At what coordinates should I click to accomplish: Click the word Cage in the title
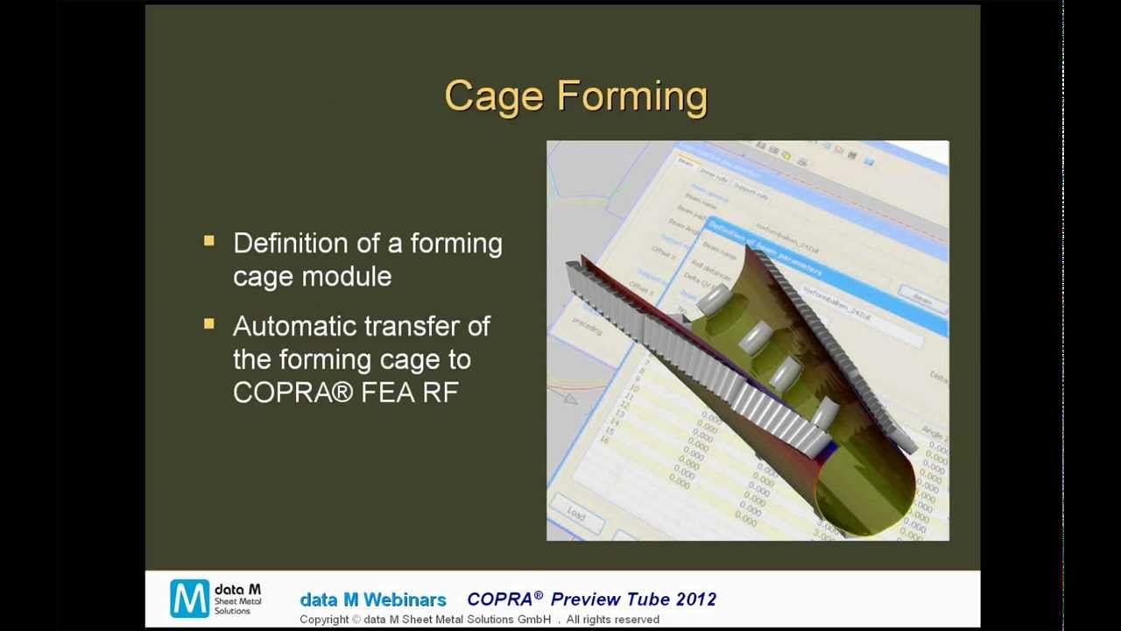(x=494, y=96)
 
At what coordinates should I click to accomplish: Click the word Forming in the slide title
(x=631, y=96)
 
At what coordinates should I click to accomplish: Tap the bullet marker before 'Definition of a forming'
(x=208, y=240)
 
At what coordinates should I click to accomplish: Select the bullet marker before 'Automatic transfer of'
(x=208, y=323)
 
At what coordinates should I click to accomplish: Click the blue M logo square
(x=189, y=599)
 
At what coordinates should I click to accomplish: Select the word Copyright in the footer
(x=324, y=620)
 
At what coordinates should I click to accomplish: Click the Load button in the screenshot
(x=575, y=514)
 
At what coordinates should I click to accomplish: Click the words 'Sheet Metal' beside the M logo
(x=238, y=601)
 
